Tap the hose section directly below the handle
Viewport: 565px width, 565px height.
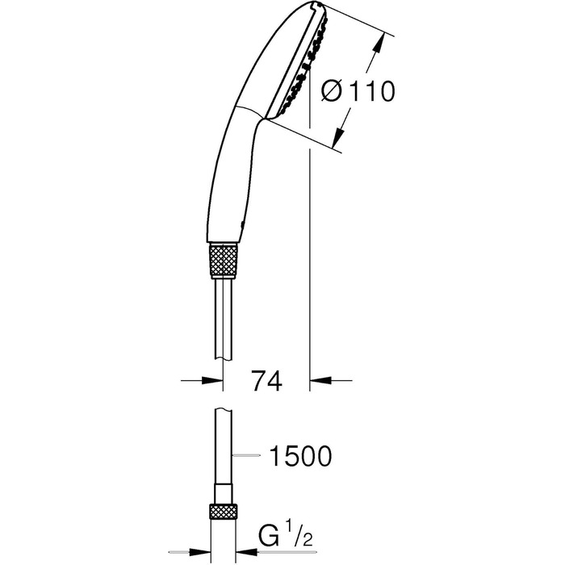[x=224, y=315]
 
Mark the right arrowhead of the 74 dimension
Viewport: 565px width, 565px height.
[x=320, y=379]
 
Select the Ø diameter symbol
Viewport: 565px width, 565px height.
[x=332, y=93]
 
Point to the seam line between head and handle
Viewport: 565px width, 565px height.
[x=250, y=113]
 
